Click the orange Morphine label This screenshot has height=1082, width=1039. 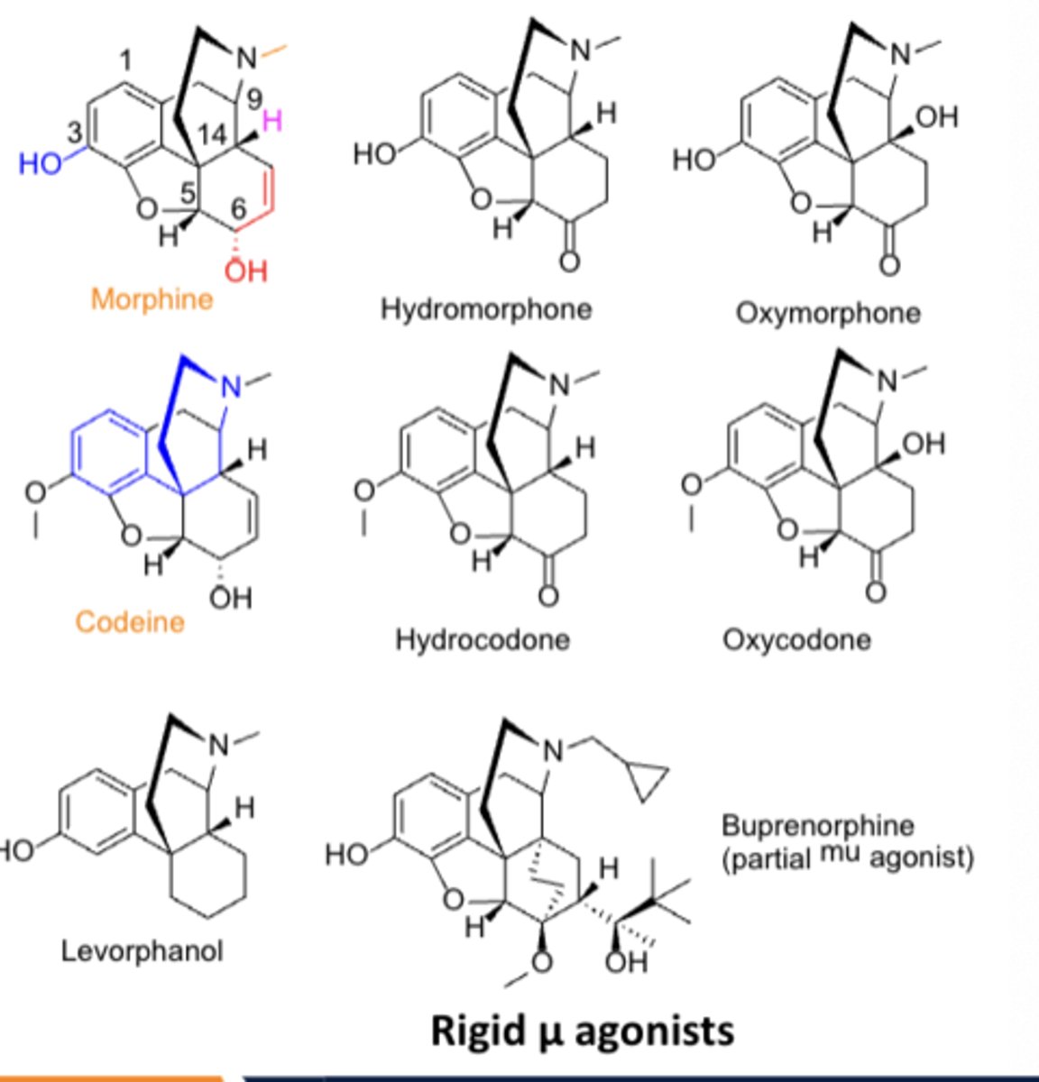152,299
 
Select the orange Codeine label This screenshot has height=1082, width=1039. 130,621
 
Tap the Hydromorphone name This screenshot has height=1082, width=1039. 486,309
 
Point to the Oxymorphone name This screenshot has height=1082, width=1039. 828,313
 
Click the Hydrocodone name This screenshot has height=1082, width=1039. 483,639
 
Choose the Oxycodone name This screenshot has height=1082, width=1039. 796,639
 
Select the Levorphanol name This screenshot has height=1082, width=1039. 142,950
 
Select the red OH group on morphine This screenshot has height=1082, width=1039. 245,268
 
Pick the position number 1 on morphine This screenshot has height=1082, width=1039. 125,60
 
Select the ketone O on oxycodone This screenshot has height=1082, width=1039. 875,591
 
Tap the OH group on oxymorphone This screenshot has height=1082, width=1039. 939,117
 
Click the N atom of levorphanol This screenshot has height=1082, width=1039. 219,745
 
